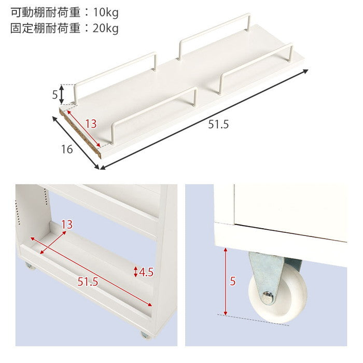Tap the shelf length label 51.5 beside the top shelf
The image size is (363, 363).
(x=218, y=125)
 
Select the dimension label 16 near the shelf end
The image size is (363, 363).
(x=66, y=150)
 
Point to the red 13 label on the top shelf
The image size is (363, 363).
(x=90, y=124)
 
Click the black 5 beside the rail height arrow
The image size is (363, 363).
(x=54, y=95)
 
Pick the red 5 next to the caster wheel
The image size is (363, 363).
(x=232, y=282)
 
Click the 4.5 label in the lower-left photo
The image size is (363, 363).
(x=147, y=271)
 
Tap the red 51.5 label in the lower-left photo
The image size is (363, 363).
(x=88, y=283)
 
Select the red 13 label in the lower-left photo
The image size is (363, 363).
(x=66, y=225)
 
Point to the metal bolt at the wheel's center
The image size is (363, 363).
(x=268, y=297)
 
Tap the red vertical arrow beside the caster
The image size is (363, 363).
(x=225, y=281)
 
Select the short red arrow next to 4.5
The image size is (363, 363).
(x=136, y=271)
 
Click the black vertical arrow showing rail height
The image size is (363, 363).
(x=62, y=94)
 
